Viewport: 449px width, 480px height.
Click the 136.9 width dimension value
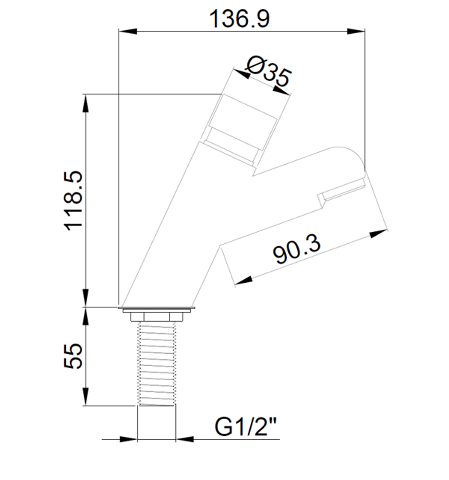pyautogui.click(x=239, y=19)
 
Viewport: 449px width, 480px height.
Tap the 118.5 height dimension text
pyautogui.click(x=73, y=200)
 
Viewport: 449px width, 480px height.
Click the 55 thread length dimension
pyautogui.click(x=73, y=356)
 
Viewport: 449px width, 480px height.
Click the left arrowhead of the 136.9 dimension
pyautogui.click(x=128, y=31)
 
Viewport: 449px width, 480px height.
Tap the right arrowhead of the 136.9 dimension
pyautogui.click(x=356, y=31)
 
